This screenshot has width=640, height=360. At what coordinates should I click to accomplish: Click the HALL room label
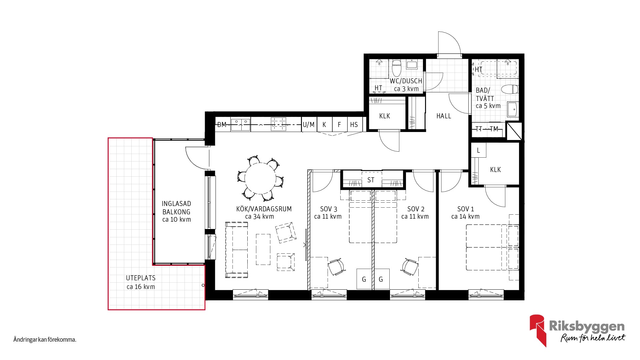(x=444, y=116)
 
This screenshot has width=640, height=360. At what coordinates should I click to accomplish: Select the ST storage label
(x=371, y=180)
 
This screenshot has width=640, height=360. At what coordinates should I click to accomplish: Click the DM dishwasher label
(x=222, y=125)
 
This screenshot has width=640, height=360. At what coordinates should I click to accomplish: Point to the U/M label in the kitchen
(x=309, y=125)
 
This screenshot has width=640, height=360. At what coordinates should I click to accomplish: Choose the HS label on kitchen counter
(x=354, y=125)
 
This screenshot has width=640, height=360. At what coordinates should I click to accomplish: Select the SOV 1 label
(x=465, y=209)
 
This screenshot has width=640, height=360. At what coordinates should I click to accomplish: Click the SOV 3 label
(x=328, y=209)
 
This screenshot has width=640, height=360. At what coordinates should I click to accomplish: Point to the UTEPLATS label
(x=141, y=278)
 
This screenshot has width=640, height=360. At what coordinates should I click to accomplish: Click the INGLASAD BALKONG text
(x=176, y=208)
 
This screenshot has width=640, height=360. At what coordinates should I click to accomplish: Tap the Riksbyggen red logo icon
(x=538, y=330)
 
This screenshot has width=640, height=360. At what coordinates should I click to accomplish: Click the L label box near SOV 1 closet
(x=478, y=150)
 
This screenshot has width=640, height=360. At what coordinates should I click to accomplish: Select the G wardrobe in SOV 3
(x=364, y=279)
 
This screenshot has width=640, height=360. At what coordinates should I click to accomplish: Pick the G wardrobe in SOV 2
(x=381, y=279)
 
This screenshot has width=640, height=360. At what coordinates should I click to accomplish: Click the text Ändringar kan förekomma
(x=45, y=340)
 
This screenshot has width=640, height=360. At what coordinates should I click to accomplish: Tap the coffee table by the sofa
(x=263, y=249)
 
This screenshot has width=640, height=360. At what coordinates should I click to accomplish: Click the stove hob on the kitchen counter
(x=278, y=124)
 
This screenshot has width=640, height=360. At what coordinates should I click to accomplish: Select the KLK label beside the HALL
(x=385, y=116)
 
